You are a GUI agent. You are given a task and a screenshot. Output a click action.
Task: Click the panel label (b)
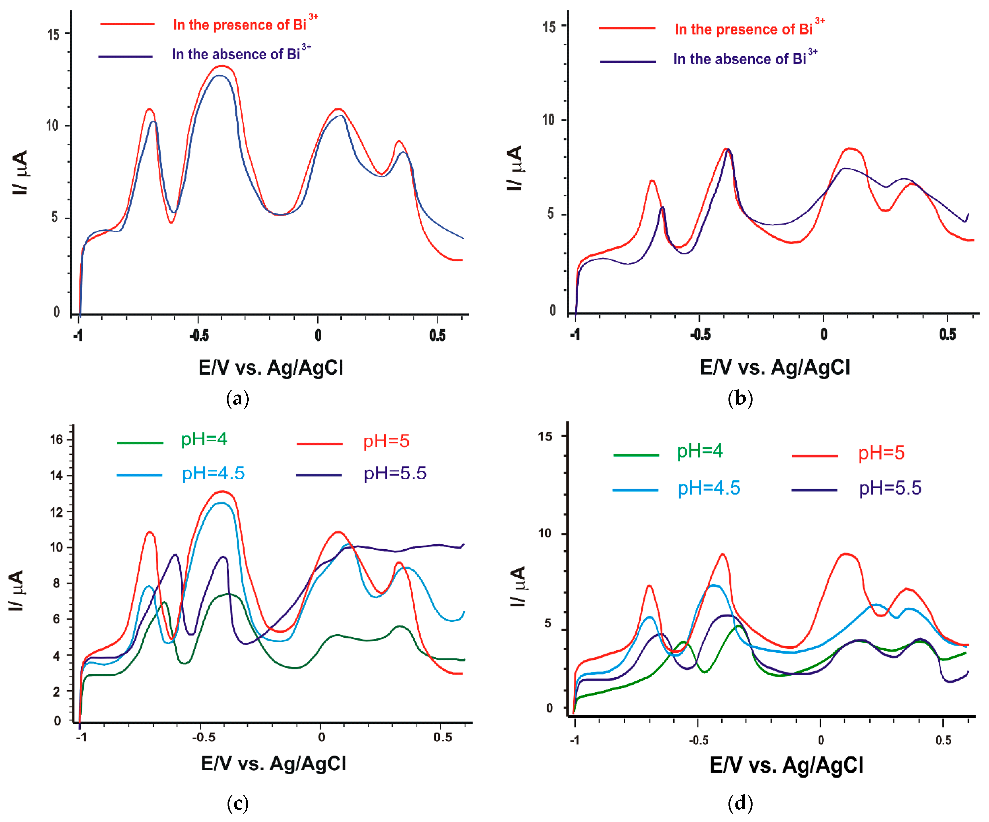(740, 399)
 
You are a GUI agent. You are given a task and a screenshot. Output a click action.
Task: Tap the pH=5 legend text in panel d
(881, 453)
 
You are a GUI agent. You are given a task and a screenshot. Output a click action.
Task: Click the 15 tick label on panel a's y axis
(53, 34)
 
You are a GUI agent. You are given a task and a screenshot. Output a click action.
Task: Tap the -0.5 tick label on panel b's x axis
(700, 335)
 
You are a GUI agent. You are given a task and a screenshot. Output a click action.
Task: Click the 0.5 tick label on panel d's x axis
(943, 740)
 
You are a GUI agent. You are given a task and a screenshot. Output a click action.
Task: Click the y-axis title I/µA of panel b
(515, 168)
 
